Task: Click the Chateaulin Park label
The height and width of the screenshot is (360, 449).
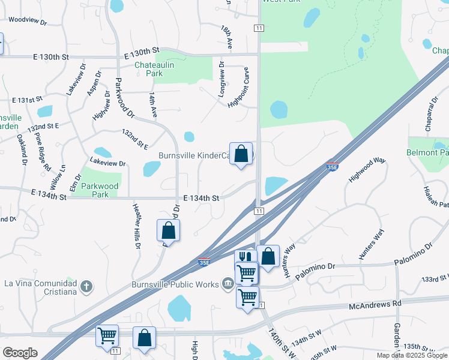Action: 149,69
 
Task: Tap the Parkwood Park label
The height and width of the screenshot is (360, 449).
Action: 100,190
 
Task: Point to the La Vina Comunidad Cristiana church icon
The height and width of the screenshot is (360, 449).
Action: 86,285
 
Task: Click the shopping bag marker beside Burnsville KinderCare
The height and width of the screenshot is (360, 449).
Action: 241,154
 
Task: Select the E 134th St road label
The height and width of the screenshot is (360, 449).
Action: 201,198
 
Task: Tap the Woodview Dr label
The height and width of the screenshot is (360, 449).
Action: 28,20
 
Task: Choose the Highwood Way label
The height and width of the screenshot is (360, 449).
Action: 367,170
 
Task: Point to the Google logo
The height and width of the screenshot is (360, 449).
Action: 20,353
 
